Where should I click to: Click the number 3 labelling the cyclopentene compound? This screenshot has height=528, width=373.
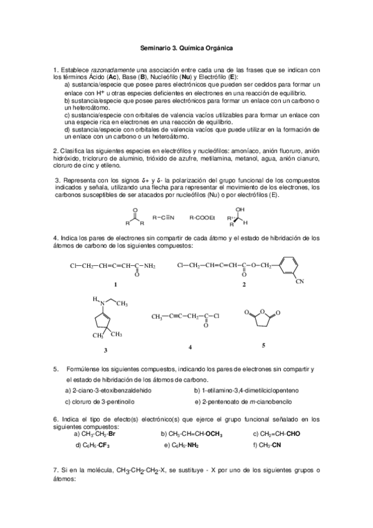pyautogui.click(x=105, y=351)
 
